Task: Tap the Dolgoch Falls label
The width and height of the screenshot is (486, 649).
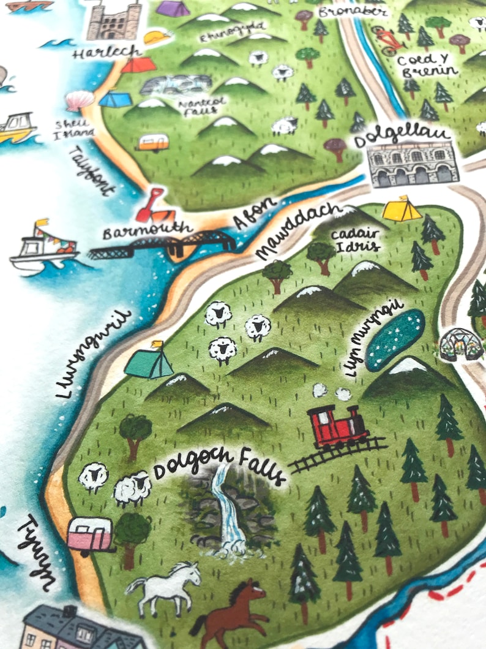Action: [x=219, y=467]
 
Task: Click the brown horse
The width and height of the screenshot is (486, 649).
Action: [x=233, y=610]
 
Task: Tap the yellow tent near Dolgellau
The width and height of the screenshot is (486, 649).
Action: [x=402, y=210]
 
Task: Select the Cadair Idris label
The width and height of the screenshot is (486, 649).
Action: [x=355, y=241]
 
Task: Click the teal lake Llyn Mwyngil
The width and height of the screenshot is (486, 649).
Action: [x=395, y=339]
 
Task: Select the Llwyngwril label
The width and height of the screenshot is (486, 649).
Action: [x=95, y=354]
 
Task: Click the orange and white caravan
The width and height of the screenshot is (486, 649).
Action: [x=153, y=143]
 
